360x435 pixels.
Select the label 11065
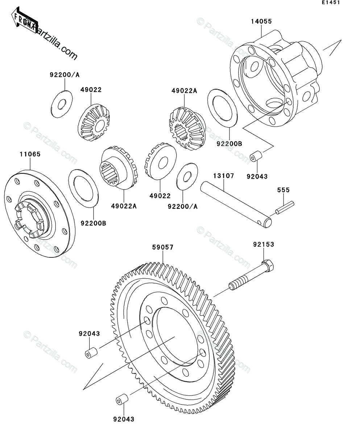(30, 154)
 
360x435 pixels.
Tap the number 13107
(223, 176)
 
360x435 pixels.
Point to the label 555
(283, 190)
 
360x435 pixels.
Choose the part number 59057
(163, 248)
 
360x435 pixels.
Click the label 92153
(264, 245)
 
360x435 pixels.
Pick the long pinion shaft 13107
(236, 205)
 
